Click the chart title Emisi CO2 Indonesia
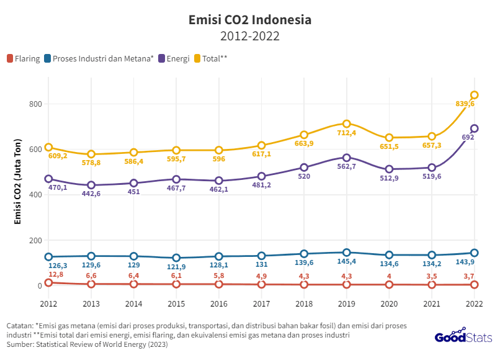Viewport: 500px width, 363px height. [250, 20]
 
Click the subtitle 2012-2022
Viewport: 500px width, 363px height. [250, 36]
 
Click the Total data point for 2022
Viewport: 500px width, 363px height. [475, 95]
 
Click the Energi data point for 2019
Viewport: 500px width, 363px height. [347, 158]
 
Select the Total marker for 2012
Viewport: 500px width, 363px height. [48, 148]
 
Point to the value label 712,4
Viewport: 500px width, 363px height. [347, 133]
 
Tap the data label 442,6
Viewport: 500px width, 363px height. [91, 194]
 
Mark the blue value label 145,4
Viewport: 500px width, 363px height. [347, 262]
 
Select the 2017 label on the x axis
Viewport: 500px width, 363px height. [261, 303]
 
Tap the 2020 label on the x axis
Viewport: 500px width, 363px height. [389, 303]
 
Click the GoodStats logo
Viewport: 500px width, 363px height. [462, 336]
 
